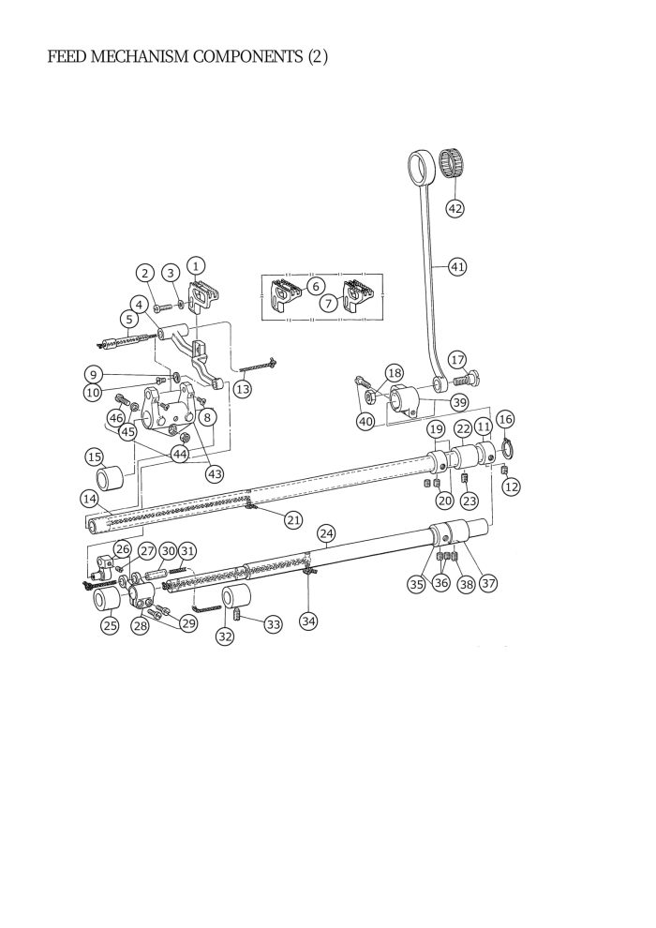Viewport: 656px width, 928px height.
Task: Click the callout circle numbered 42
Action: pyautogui.click(x=455, y=208)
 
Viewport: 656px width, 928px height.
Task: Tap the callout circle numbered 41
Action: pyautogui.click(x=457, y=266)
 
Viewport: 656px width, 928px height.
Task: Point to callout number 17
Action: pyautogui.click(x=457, y=359)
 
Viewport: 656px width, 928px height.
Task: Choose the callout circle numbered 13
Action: pyautogui.click(x=243, y=389)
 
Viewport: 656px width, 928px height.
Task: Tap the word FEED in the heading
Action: pyautogui.click(x=67, y=57)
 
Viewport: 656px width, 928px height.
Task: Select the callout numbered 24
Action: pyautogui.click(x=326, y=533)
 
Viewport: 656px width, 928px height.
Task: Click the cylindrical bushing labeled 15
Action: pyautogui.click(x=109, y=478)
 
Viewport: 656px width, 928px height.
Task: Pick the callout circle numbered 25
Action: pyautogui.click(x=110, y=625)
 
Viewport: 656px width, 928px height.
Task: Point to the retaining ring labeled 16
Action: pyautogui.click(x=508, y=448)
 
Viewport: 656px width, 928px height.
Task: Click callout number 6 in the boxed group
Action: pyautogui.click(x=315, y=287)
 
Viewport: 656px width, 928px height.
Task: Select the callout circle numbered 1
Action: pyautogui.click(x=196, y=264)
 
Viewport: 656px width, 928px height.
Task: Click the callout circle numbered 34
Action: pyautogui.click(x=308, y=621)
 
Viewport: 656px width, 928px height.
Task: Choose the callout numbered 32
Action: pyautogui.click(x=225, y=636)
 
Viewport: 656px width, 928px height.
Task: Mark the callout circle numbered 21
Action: pyautogui.click(x=293, y=520)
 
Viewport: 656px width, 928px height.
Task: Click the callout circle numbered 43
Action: pyautogui.click(x=214, y=474)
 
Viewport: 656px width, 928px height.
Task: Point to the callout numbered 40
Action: pyautogui.click(x=365, y=422)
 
